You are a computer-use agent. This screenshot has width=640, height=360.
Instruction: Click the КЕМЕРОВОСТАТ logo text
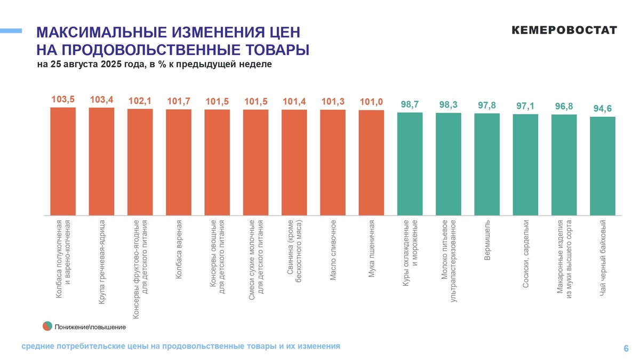click(564, 30)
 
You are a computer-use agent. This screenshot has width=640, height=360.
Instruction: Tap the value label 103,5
click(63, 99)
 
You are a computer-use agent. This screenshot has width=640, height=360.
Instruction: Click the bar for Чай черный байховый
click(603, 166)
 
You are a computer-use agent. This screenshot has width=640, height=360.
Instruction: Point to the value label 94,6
click(603, 109)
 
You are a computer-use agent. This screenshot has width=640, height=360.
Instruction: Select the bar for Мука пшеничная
click(371, 163)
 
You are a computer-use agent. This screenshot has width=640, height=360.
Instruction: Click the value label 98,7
click(410, 104)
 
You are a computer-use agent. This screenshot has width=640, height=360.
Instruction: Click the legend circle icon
click(47, 326)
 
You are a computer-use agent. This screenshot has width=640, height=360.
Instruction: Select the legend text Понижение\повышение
click(90, 326)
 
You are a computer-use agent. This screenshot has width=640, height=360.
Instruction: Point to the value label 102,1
click(140, 101)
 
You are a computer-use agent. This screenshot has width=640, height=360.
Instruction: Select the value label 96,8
click(564, 106)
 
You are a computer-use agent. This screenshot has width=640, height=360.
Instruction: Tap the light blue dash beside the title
click(11, 31)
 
